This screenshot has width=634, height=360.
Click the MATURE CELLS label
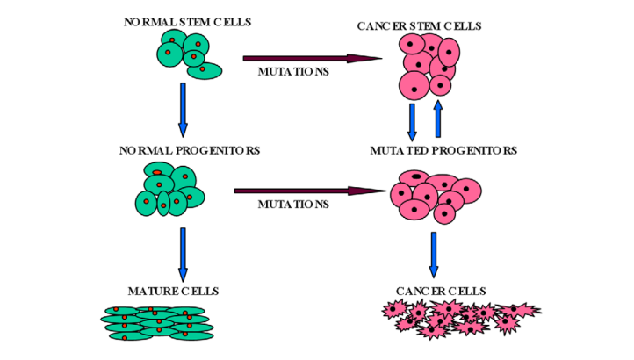(x=174, y=291)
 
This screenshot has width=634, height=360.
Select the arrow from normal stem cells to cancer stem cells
(x=312, y=59)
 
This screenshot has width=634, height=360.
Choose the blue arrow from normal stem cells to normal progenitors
(x=183, y=109)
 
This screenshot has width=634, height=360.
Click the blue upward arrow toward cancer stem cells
(x=438, y=118)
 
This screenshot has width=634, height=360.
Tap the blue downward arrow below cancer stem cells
(x=413, y=119)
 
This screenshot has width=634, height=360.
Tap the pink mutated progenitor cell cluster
(x=436, y=196)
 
